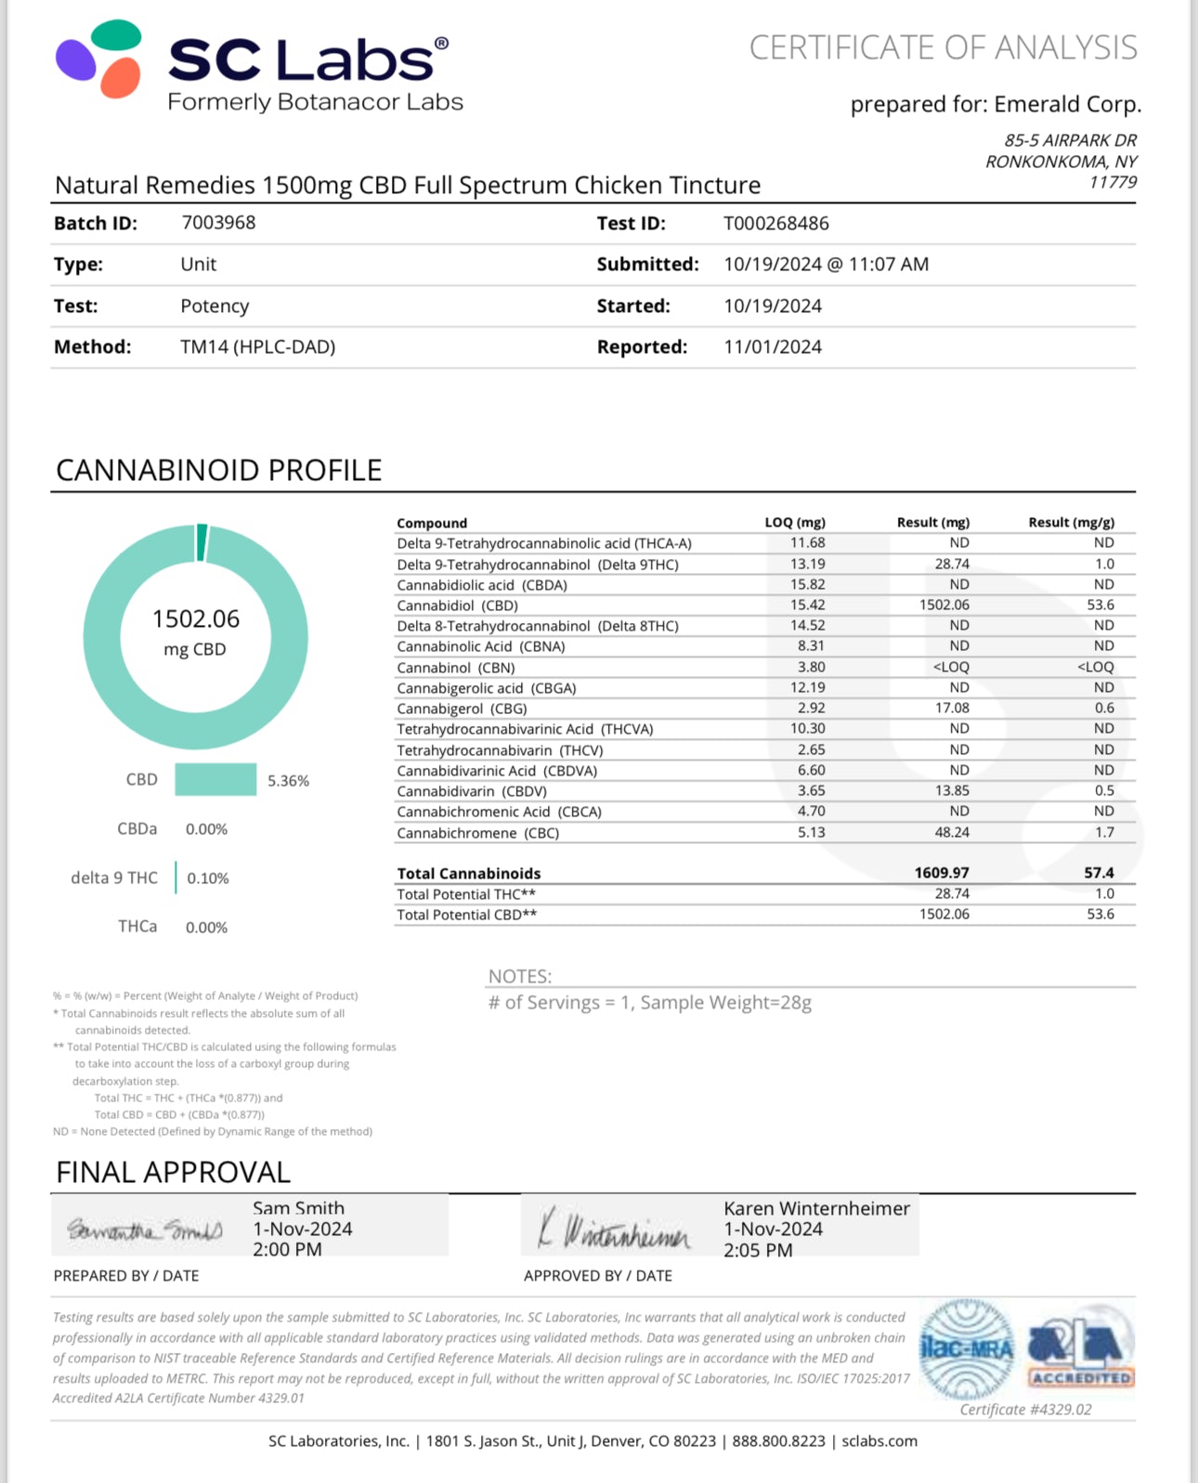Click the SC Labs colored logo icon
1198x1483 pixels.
coord(99,59)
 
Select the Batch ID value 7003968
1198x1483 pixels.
coord(218,223)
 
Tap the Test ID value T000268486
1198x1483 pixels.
coord(775,224)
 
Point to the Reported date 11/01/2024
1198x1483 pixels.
coord(773,347)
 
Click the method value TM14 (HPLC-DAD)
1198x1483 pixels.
coord(257,347)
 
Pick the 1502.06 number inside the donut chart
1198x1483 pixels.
coord(196,619)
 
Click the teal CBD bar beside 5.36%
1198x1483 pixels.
coord(215,780)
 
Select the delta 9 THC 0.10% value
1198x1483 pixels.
coord(208,878)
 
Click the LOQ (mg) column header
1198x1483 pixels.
coord(795,523)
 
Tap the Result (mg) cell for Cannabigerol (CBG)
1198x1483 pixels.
coord(952,709)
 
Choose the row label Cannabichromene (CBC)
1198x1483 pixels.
coord(477,833)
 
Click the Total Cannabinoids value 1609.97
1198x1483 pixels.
coord(942,873)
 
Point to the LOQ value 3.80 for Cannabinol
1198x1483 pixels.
coord(811,668)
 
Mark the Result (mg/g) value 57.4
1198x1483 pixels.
coord(1099,873)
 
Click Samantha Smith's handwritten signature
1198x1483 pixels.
coord(145,1230)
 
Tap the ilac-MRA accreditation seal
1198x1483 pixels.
coord(967,1349)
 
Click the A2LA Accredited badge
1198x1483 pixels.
coord(1081,1349)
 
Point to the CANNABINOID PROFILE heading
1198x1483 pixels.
coord(219,471)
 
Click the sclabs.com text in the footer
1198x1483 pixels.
coord(879,1441)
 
